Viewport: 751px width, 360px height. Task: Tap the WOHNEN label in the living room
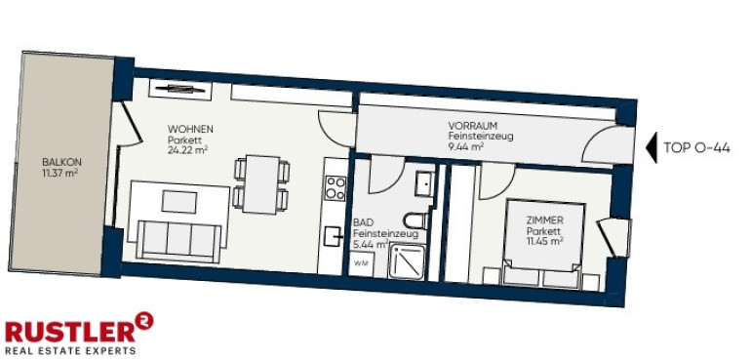[190, 130]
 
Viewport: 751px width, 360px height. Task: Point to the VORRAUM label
[469, 126]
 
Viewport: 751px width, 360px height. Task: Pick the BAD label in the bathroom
[361, 222]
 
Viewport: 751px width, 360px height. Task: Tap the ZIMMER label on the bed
[544, 220]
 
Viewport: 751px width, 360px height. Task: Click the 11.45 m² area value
[544, 242]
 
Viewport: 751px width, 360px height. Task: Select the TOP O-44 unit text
[696, 148]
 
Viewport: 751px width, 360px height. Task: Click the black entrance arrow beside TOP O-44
[652, 147]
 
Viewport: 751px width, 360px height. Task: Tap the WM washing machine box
[361, 264]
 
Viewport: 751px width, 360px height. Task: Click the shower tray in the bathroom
[407, 261]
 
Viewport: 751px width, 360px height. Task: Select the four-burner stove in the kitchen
[336, 188]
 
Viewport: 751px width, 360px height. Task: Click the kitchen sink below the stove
[333, 236]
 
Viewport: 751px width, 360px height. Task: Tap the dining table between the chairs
[261, 184]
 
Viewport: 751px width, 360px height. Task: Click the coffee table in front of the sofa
[179, 202]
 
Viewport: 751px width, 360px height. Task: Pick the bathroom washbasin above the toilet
[424, 183]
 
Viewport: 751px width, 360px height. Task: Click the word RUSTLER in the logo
[70, 333]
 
